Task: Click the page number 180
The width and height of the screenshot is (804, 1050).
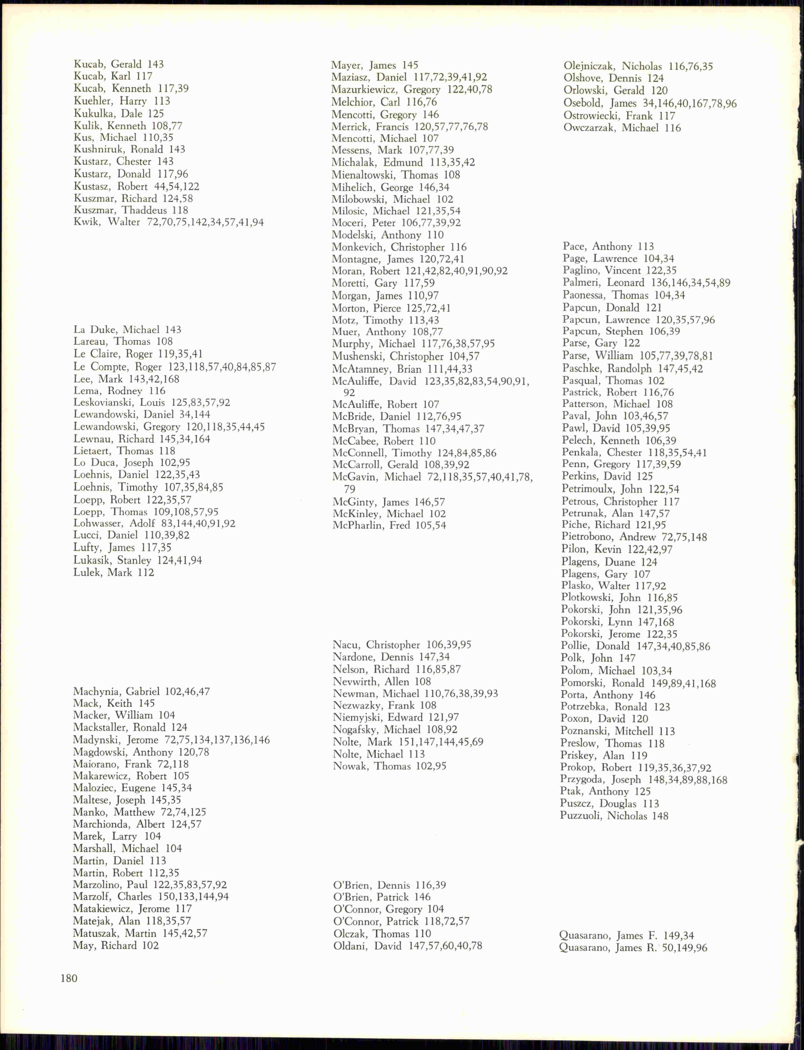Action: pyautogui.click(x=69, y=978)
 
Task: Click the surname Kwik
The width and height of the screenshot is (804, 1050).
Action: pyautogui.click(x=86, y=222)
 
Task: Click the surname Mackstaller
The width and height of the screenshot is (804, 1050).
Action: pyautogui.click(x=102, y=727)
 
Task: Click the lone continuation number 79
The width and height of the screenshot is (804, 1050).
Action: pyautogui.click(x=349, y=489)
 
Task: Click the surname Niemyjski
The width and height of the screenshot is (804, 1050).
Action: pyautogui.click(x=357, y=717)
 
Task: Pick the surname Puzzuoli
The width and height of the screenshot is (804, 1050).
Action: pyautogui.click(x=580, y=816)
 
